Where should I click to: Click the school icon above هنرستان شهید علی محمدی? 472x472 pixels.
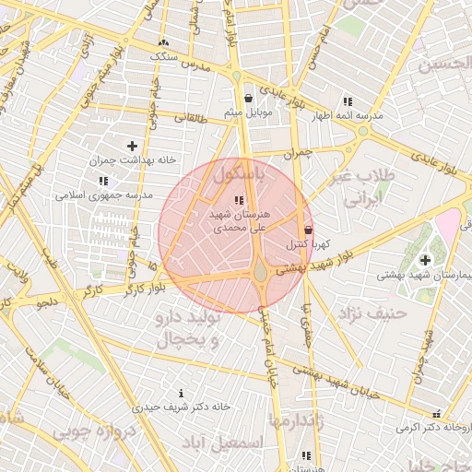pyautogui.click(x=239, y=200)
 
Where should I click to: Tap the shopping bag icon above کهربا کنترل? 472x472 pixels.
pyautogui.click(x=307, y=230)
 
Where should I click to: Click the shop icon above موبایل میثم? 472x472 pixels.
pyautogui.click(x=248, y=98)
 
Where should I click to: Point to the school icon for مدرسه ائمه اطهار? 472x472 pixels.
pyautogui.click(x=348, y=101)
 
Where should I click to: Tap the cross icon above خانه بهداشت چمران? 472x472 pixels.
pyautogui.click(x=133, y=146)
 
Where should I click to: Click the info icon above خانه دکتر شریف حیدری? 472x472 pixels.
pyautogui.click(x=180, y=394)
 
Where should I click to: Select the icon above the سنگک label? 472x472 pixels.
pyautogui.click(x=164, y=41)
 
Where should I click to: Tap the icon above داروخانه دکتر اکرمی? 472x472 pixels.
pyautogui.click(x=436, y=414)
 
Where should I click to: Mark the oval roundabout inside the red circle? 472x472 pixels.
pyautogui.click(x=261, y=273)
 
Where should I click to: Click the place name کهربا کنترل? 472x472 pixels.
pyautogui.click(x=303, y=245)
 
